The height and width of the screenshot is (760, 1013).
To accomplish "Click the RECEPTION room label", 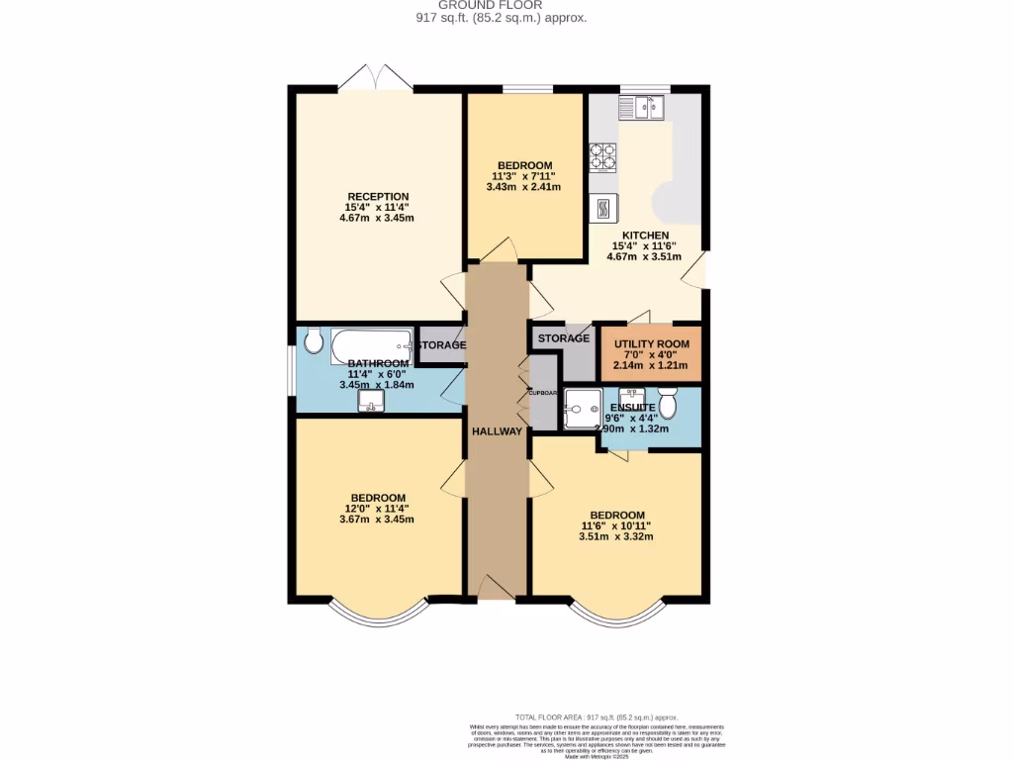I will click(377, 196).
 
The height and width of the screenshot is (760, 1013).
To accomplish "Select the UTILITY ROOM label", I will click(651, 343).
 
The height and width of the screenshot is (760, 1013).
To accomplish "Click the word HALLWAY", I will click(497, 430).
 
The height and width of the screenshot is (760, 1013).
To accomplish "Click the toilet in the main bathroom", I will click(314, 341).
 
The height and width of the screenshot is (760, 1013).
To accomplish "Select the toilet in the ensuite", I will click(667, 404).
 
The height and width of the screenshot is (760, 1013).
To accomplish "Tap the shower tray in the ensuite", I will click(581, 409).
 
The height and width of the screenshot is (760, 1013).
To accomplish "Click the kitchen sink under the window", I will click(643, 106).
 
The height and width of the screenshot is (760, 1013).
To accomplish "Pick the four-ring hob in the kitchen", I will click(603, 157).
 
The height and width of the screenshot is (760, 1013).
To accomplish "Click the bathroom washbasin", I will click(372, 401).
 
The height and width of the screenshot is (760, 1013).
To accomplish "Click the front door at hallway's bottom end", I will click(497, 590).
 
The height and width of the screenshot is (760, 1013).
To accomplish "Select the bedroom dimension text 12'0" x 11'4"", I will click(377, 509).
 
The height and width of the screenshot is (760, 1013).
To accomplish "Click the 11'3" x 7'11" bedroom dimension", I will click(524, 176).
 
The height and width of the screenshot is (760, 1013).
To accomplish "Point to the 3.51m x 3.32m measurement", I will click(616, 537).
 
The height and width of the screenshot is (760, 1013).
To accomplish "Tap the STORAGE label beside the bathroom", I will click(440, 344).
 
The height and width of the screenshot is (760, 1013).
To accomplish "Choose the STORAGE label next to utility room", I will click(564, 338).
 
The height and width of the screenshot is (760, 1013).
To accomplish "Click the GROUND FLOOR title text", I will click(506, 5).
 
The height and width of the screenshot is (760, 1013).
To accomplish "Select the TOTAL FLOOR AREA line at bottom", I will click(596, 716).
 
